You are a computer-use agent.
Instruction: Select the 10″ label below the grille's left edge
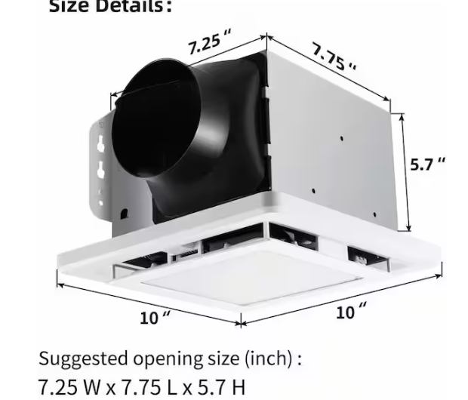click(155, 318)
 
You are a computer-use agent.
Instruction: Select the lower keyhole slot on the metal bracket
click(100, 173)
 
